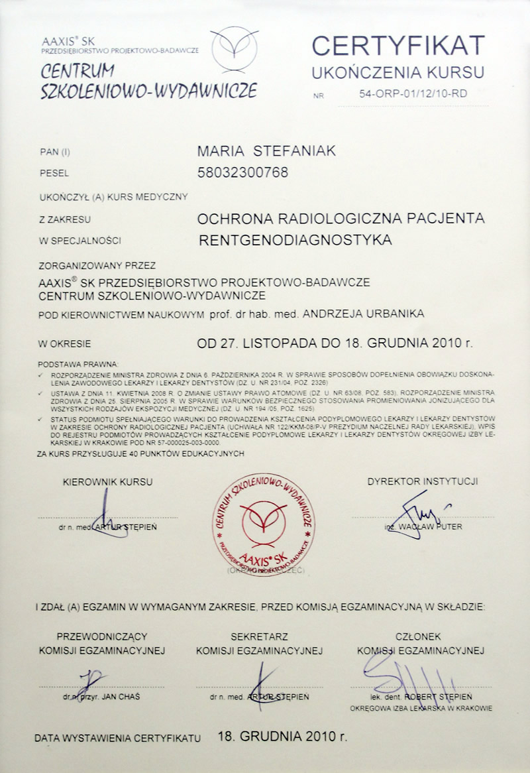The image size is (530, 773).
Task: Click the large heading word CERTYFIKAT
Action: pos(398,46)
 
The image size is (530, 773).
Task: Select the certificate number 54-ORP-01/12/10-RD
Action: pos(413,93)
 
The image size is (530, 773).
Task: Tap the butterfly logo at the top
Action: pos(235,48)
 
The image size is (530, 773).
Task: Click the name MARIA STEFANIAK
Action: pos(266,152)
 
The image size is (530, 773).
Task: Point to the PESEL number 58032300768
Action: pos(243,173)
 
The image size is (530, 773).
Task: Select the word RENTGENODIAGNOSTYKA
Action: pos(295,239)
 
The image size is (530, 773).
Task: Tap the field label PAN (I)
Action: pos(54,152)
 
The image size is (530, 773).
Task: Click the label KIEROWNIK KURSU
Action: pos(107,482)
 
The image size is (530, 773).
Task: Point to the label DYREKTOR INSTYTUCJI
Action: pos(423,482)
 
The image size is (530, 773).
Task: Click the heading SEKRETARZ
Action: pos(258,636)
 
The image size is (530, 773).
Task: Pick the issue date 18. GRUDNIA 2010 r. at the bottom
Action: pos(282,736)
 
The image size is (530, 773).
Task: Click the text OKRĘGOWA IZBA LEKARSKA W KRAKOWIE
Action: pos(421,708)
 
